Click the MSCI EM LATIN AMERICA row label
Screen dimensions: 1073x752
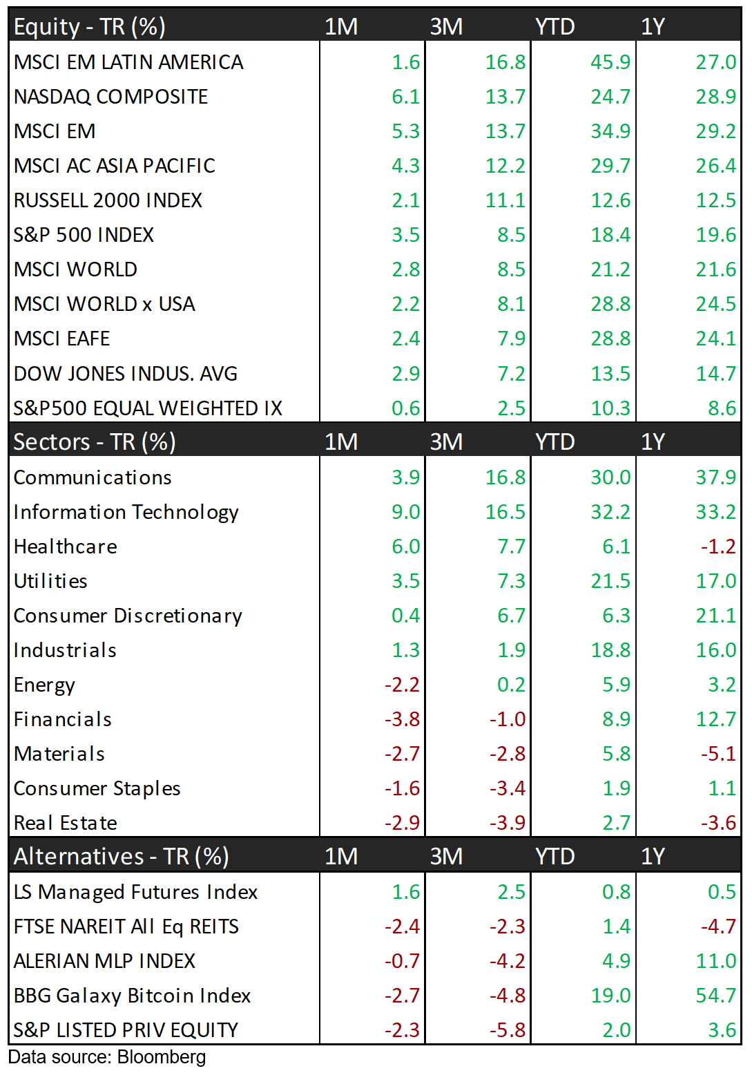tap(128, 62)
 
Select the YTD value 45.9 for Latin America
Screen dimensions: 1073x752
tap(610, 62)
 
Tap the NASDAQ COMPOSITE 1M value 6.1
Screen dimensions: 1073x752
tap(405, 97)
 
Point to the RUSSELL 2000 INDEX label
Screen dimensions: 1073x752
tap(108, 200)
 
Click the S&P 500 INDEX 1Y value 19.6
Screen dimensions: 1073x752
tap(715, 235)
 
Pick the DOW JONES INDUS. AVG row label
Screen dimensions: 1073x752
tap(126, 374)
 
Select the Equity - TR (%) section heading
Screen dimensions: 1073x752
tap(90, 26)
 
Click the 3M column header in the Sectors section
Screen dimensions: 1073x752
tap(446, 441)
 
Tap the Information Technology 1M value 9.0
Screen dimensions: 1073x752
tap(405, 512)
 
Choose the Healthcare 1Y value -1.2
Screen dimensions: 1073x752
tap(718, 547)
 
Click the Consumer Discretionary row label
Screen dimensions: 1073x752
tap(128, 616)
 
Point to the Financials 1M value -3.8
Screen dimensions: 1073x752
tap(402, 719)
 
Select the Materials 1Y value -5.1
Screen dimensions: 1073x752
tap(718, 754)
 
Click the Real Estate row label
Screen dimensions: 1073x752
tap(66, 823)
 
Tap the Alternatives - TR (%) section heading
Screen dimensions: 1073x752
tap(122, 857)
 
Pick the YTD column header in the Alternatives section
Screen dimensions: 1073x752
tap(555, 857)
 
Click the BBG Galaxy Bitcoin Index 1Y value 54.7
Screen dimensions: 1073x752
tap(715, 996)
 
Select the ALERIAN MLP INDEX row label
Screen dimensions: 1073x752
tap(104, 961)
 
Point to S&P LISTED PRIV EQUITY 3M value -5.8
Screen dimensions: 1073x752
tap(508, 1030)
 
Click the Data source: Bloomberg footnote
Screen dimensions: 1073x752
tap(107, 1057)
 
